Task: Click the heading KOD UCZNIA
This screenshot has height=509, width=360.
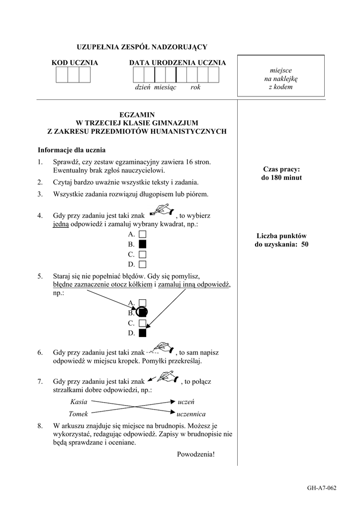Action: pyautogui.click(x=75, y=63)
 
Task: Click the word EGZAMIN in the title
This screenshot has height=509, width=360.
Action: pyautogui.click(x=137, y=114)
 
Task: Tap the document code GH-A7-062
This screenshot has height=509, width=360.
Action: pyautogui.click(x=322, y=488)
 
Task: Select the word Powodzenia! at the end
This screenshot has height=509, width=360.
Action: pyautogui.click(x=196, y=454)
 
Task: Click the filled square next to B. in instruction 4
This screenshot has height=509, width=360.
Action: pyautogui.click(x=143, y=244)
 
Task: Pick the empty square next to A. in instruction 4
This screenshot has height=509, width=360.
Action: pyautogui.click(x=143, y=234)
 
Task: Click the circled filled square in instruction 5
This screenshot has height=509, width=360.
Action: pyautogui.click(x=143, y=313)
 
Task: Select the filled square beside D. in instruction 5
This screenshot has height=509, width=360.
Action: pyautogui.click(x=143, y=333)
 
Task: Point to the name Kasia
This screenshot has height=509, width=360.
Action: pyautogui.click(x=79, y=402)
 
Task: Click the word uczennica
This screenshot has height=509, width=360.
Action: pyautogui.click(x=191, y=414)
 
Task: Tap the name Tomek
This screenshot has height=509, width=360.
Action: pyautogui.click(x=78, y=414)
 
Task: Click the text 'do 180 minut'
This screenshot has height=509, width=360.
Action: pyautogui.click(x=281, y=177)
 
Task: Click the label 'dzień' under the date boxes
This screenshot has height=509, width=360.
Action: pyautogui.click(x=143, y=87)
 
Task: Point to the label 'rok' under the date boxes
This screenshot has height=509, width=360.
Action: pyautogui.click(x=195, y=87)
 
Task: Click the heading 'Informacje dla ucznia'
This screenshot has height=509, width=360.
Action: pyautogui.click(x=72, y=150)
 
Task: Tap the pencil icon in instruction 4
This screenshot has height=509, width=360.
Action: pyautogui.click(x=162, y=210)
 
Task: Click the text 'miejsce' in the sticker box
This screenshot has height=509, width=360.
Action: pyautogui.click(x=281, y=71)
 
